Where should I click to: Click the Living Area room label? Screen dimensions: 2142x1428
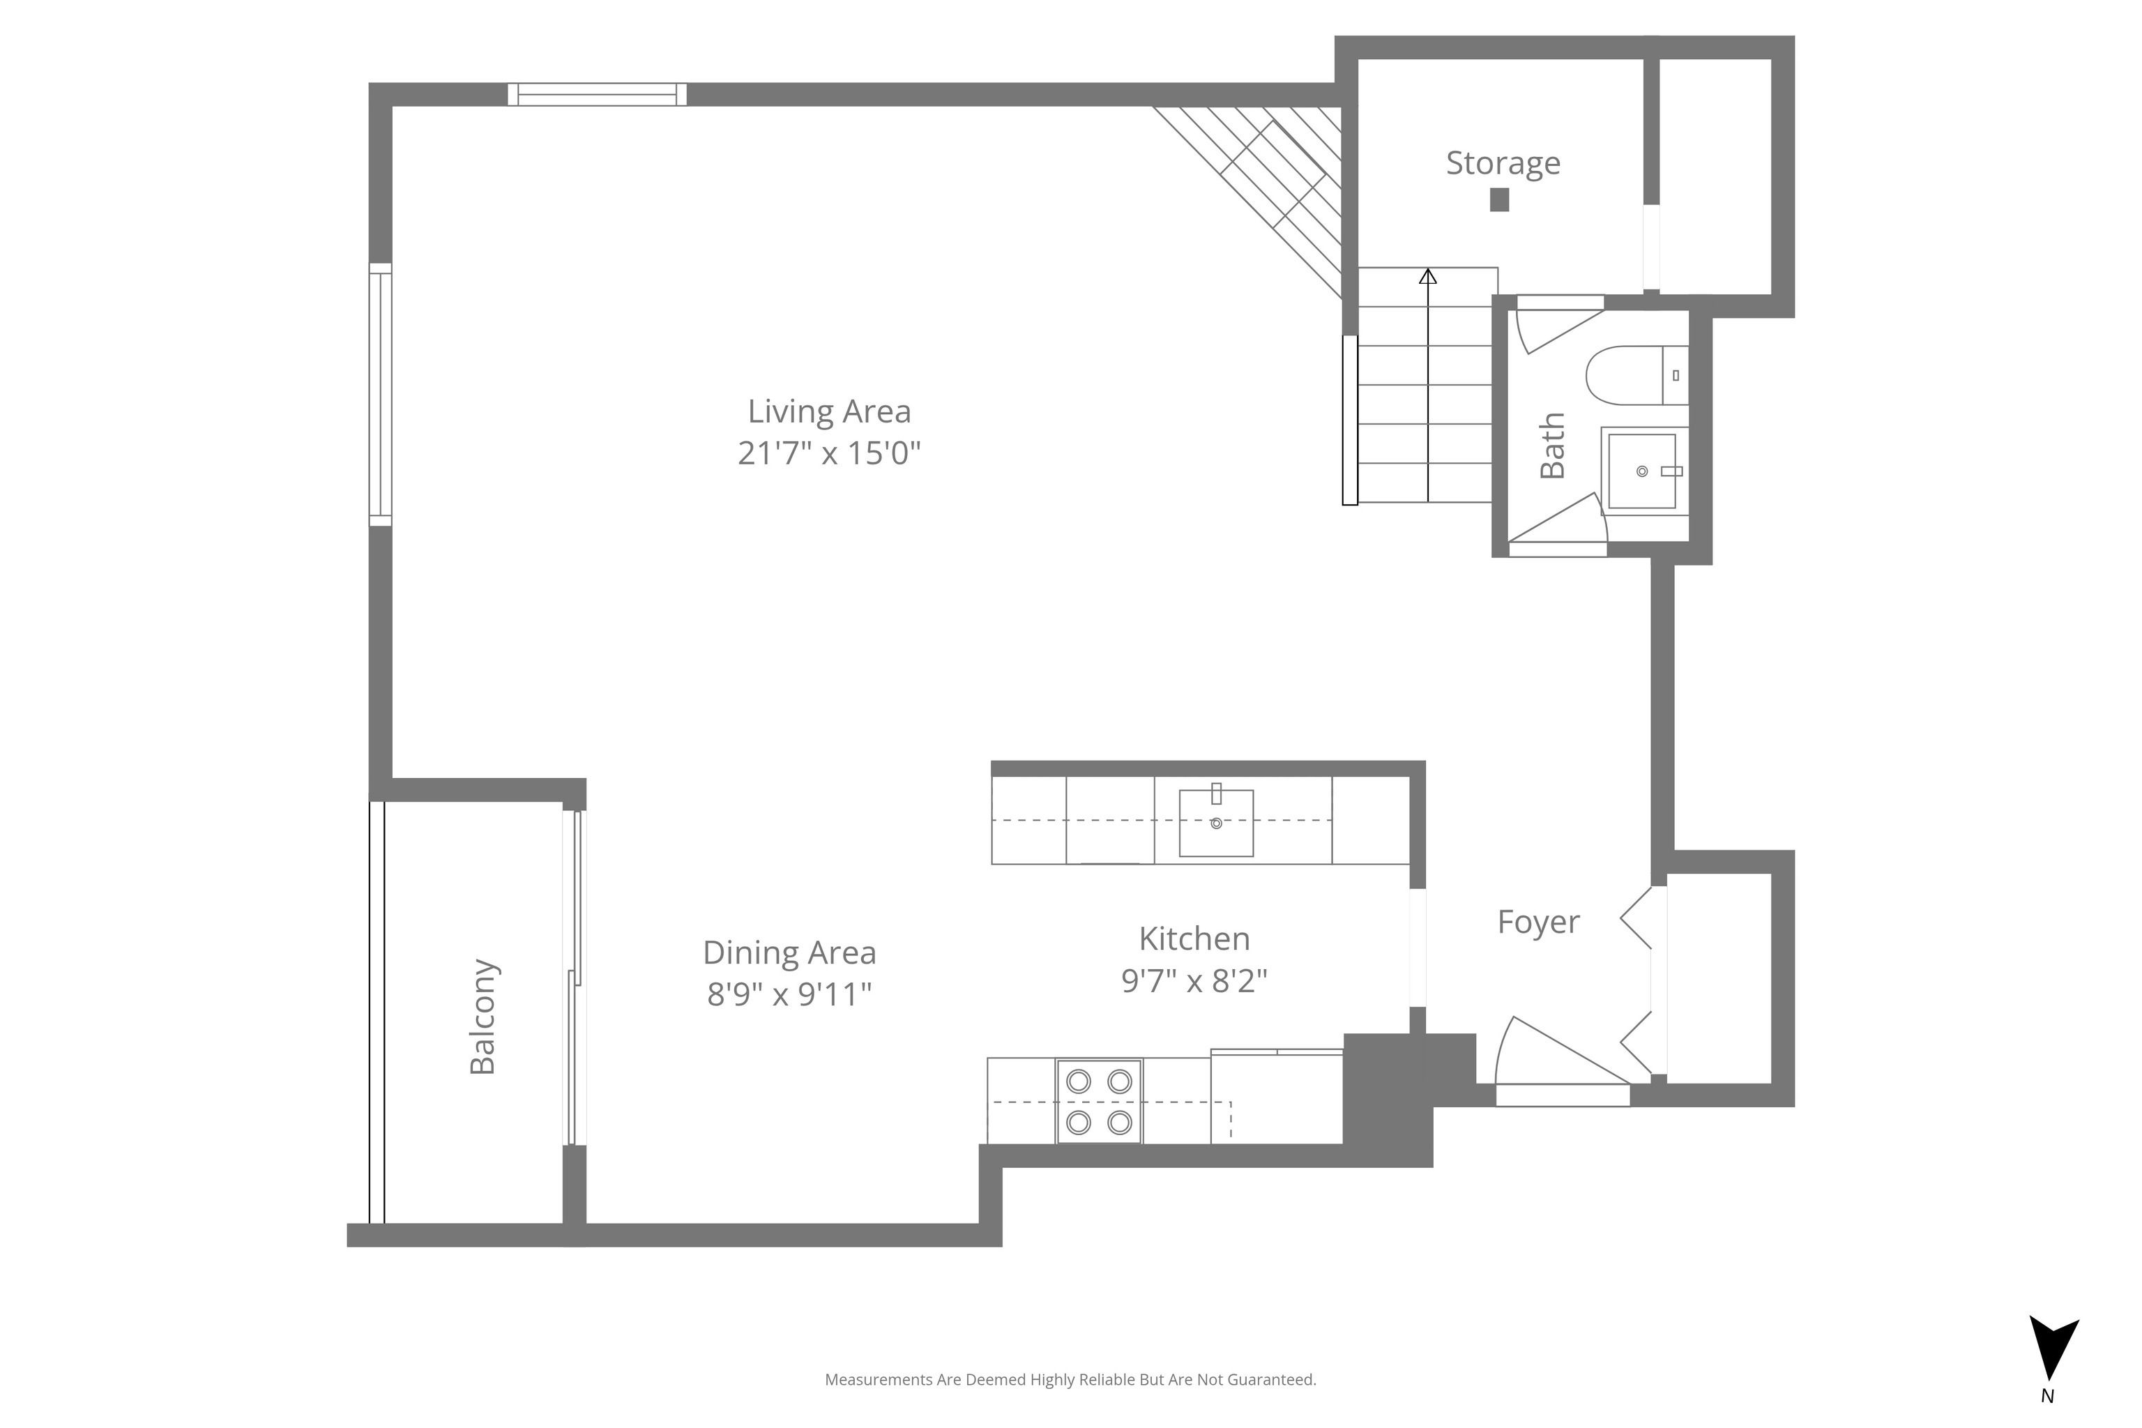pyautogui.click(x=829, y=411)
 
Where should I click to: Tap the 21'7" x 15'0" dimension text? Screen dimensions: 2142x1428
pyautogui.click(x=829, y=453)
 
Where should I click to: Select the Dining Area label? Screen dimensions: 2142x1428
pyautogui.click(x=789, y=952)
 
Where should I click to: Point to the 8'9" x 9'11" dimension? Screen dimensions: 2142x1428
pyautogui.click(x=789, y=994)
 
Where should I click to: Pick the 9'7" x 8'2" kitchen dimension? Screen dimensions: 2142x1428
pyautogui.click(x=1194, y=980)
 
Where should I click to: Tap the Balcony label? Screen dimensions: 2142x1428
pyautogui.click(x=482, y=1017)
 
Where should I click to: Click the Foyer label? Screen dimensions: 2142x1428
pyautogui.click(x=1538, y=922)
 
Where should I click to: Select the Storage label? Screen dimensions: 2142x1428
pyautogui.click(x=1503, y=163)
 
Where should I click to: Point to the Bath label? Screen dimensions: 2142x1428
pyautogui.click(x=1552, y=446)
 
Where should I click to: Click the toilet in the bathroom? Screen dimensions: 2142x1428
pyautogui.click(x=1636, y=375)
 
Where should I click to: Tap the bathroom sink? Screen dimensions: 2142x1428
pyautogui.click(x=1642, y=471)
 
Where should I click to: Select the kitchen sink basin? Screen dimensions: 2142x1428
pyautogui.click(x=1216, y=822)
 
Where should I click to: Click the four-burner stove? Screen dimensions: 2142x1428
pyautogui.click(x=1099, y=1101)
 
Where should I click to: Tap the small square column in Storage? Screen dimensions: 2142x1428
pyautogui.click(x=1499, y=199)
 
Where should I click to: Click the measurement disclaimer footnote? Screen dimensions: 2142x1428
pyautogui.click(x=1070, y=1380)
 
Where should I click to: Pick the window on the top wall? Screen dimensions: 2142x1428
pyautogui.click(x=597, y=95)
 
